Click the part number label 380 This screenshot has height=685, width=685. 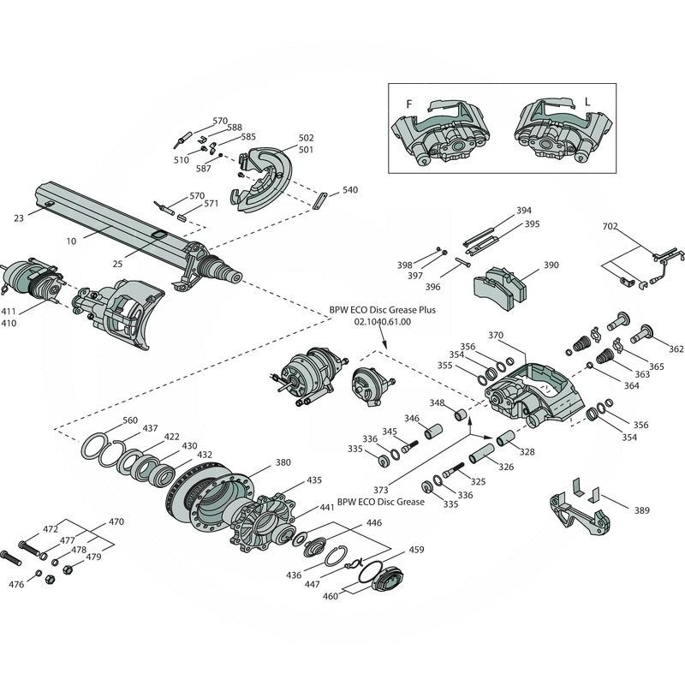pyautogui.click(x=283, y=462)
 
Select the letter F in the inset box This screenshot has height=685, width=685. pyautogui.click(x=409, y=104)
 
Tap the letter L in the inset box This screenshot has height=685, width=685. pyautogui.click(x=587, y=102)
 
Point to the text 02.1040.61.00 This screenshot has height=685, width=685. pyautogui.click(x=382, y=322)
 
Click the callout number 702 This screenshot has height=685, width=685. pyautogui.click(x=611, y=227)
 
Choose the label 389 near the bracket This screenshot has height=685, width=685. pyautogui.click(x=641, y=510)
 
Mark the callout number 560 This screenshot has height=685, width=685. pyautogui.click(x=129, y=420)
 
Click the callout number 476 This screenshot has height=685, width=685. pyautogui.click(x=16, y=585)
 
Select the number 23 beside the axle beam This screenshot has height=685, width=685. pyautogui.click(x=19, y=218)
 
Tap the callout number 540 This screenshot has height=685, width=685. pyautogui.click(x=350, y=189)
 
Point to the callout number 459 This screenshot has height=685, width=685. pyautogui.click(x=416, y=550)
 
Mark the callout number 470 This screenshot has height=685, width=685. pyautogui.click(x=116, y=521)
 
